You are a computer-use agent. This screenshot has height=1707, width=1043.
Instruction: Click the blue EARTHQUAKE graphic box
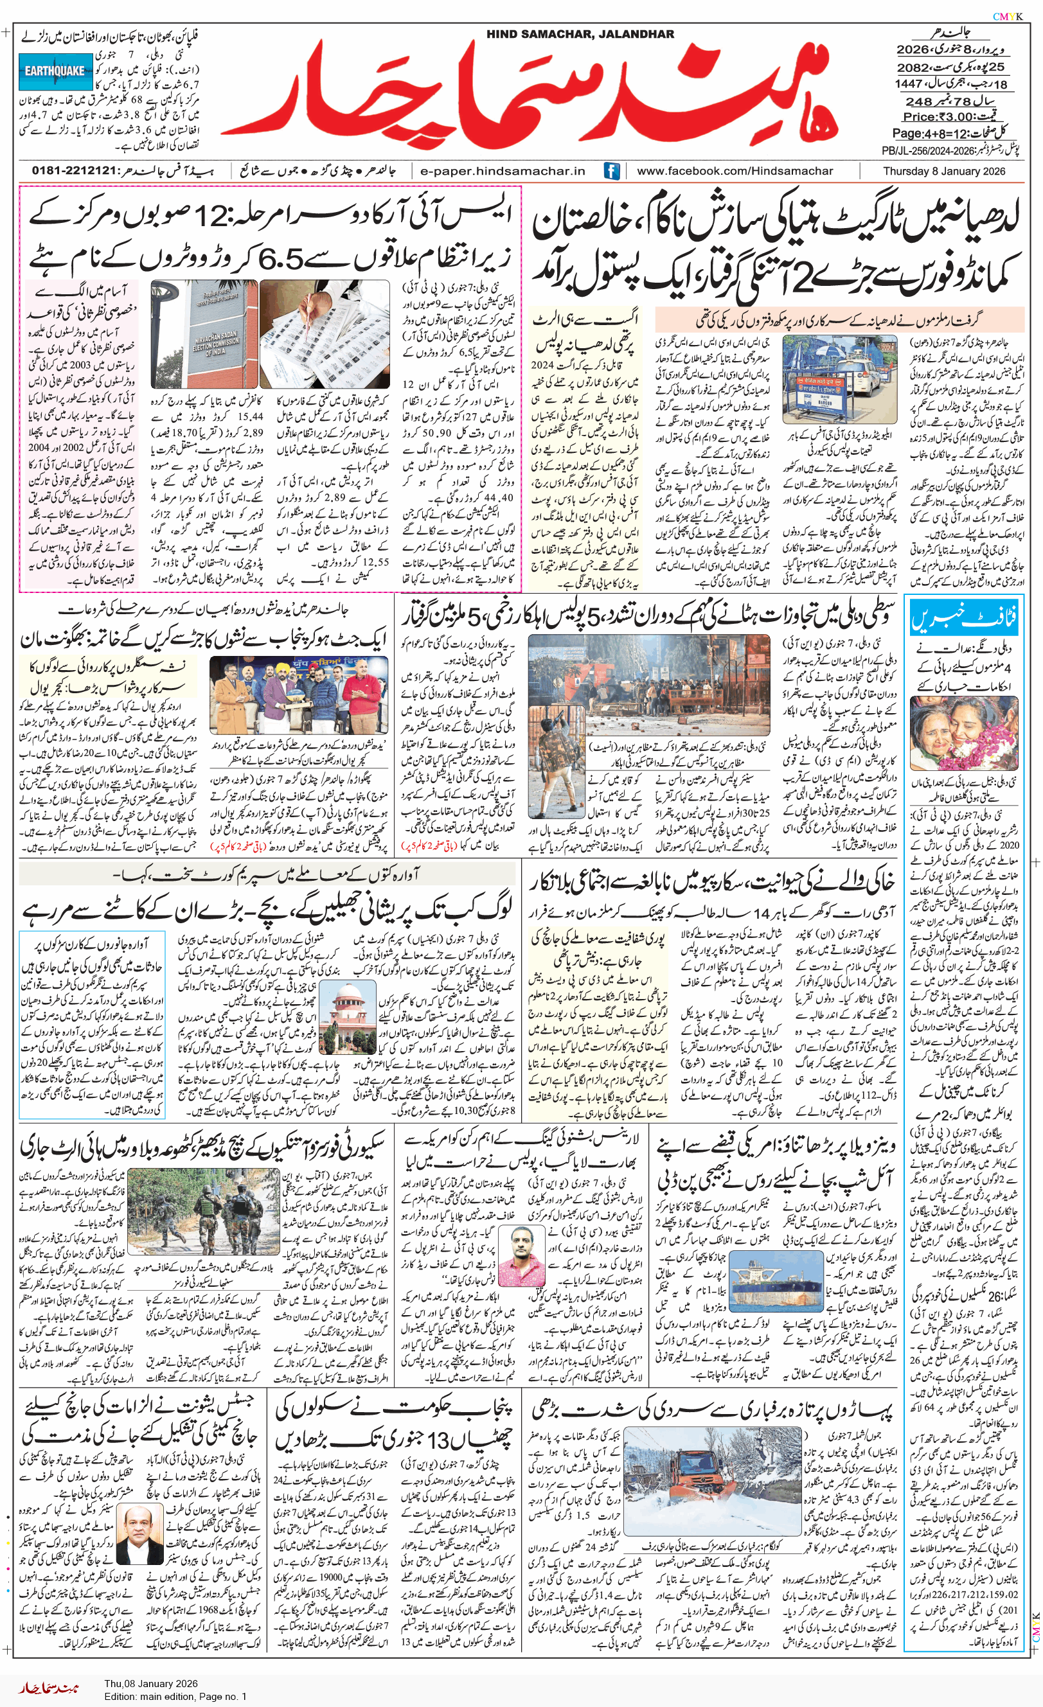click(x=55, y=71)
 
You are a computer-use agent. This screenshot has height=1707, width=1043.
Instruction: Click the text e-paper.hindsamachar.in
click(x=503, y=171)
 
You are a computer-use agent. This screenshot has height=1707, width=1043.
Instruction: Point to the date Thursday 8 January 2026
click(x=944, y=171)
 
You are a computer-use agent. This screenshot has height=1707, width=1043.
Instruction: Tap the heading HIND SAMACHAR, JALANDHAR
click(x=580, y=34)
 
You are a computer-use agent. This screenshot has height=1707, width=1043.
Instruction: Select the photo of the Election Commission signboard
click(x=204, y=333)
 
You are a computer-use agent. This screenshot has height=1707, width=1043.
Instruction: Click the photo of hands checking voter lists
click(x=325, y=333)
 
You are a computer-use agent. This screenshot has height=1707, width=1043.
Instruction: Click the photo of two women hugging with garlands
click(x=964, y=734)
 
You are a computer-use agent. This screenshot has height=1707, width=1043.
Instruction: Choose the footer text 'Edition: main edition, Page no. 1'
click(x=175, y=1696)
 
